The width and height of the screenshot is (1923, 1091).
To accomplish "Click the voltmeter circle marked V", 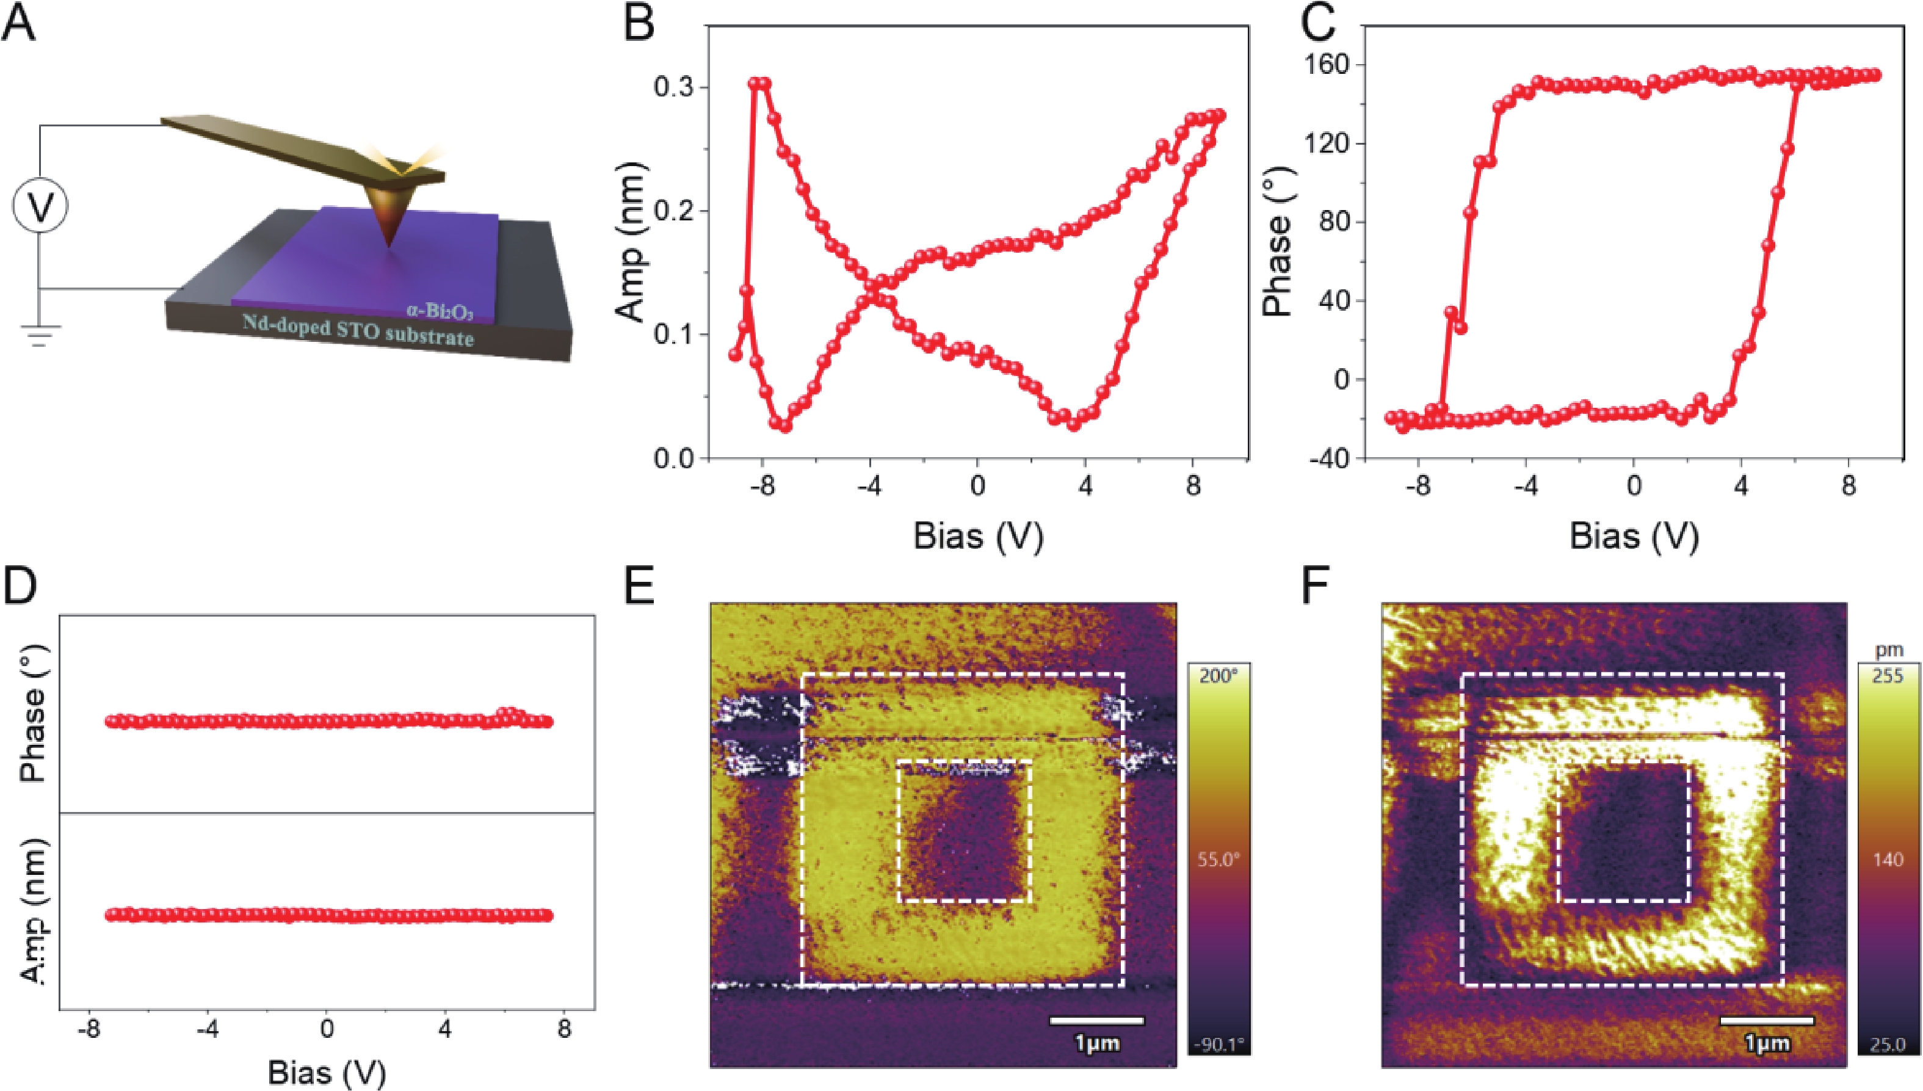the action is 40,205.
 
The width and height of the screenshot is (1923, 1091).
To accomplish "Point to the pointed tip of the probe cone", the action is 387,247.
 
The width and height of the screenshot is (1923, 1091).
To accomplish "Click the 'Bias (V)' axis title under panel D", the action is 327,1071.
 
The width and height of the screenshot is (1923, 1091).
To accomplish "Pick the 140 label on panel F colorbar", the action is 1887,860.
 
